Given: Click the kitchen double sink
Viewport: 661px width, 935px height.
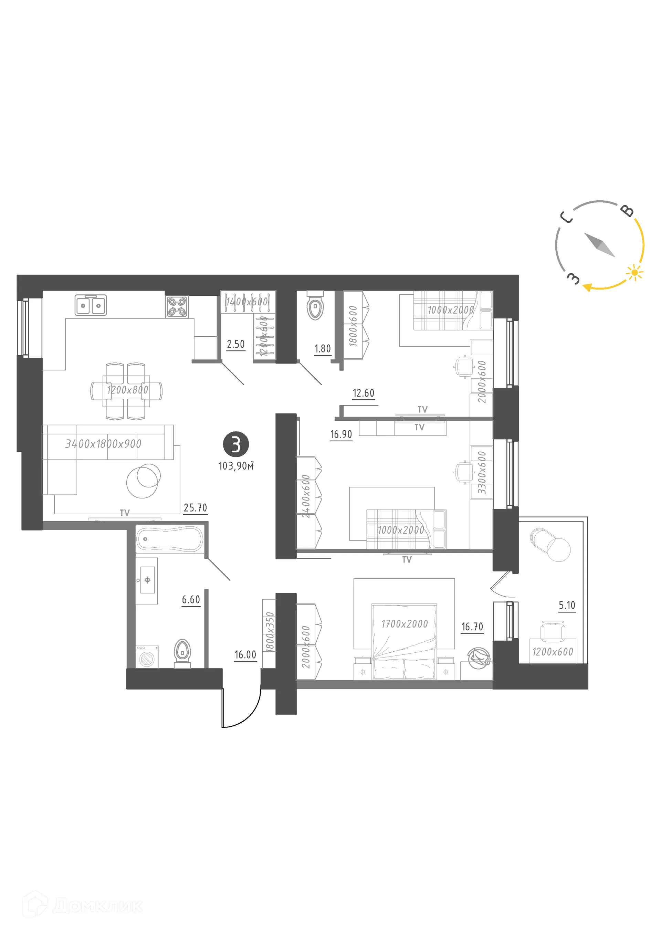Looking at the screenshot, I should point(91,305).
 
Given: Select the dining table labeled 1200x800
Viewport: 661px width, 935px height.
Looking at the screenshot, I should point(126,390).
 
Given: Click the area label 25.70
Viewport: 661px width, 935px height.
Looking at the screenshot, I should point(195,508).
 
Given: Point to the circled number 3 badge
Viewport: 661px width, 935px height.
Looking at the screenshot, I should point(236,444).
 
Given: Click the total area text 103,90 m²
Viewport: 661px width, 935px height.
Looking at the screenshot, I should point(236,466).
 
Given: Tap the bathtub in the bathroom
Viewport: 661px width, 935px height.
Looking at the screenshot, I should point(169,539).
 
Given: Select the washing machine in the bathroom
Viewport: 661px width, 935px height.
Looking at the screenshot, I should point(147,657).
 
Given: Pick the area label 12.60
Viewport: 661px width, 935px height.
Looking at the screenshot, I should point(363,393).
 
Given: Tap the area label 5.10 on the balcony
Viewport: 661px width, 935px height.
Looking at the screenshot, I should point(567,606).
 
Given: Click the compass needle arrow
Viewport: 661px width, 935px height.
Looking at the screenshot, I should point(599,244).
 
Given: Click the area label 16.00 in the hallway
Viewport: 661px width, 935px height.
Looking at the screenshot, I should point(245,654).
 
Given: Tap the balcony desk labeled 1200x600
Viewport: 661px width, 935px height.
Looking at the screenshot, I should point(552,652).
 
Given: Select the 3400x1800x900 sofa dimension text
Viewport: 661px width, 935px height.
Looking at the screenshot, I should point(103,443).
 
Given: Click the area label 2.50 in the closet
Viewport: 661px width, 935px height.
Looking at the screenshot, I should point(236,344).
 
